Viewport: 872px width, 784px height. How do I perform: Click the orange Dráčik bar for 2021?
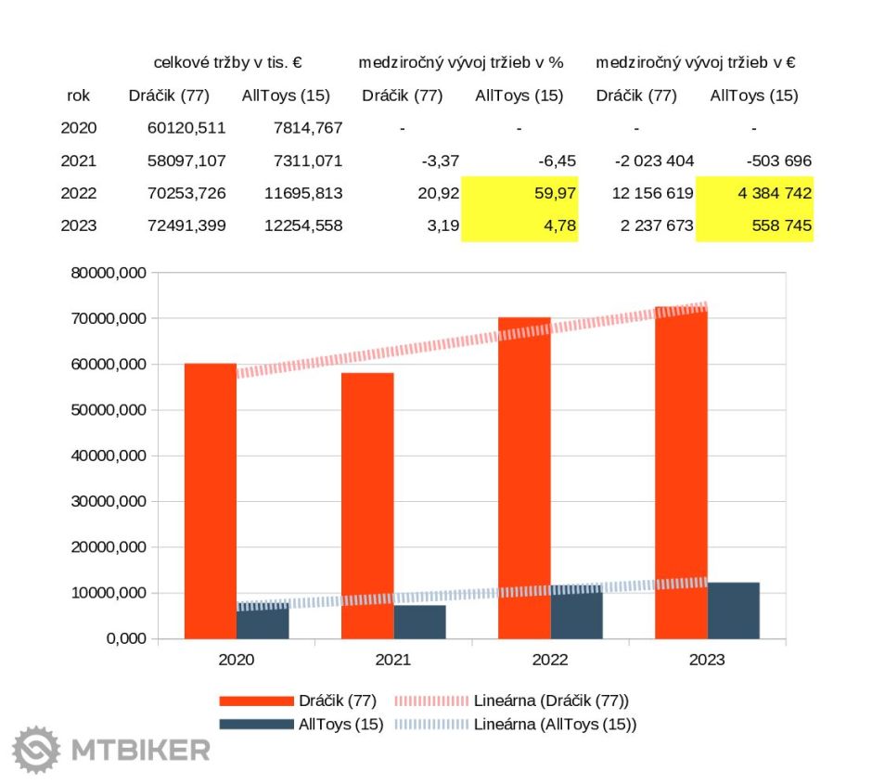click(366, 506)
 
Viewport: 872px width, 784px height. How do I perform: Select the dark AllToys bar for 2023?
click(733, 610)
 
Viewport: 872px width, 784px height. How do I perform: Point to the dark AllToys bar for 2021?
click(419, 622)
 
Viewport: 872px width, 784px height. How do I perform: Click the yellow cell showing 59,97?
click(519, 193)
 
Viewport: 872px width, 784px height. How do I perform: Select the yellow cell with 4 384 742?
click(754, 193)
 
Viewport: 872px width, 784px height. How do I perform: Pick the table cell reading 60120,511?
click(186, 128)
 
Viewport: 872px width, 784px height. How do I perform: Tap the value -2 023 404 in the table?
click(654, 161)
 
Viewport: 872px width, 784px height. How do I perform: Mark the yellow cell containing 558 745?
click(754, 225)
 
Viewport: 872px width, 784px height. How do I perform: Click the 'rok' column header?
click(79, 96)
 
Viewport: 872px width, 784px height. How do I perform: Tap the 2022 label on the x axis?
click(549, 661)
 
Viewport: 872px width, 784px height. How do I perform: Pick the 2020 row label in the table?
click(79, 128)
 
